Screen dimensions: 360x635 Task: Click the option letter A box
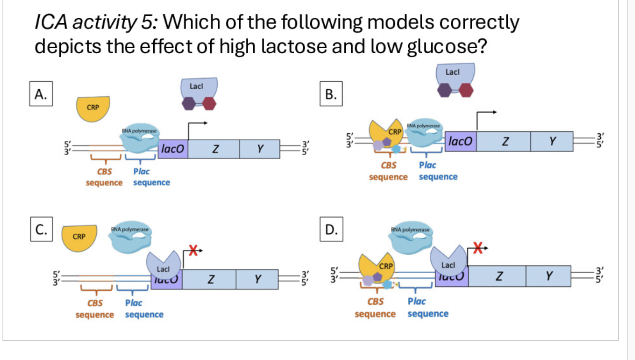[x=41, y=94]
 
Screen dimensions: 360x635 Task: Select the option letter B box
[x=331, y=94]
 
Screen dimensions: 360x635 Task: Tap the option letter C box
[x=41, y=229]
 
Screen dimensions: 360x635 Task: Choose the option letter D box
[x=331, y=229]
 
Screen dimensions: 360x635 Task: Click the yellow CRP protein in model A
[x=93, y=108]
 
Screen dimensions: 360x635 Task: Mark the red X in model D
[x=478, y=248]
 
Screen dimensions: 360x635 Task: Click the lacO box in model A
[x=173, y=149]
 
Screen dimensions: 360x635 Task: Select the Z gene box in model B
[x=503, y=142]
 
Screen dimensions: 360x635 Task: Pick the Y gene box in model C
[x=257, y=279]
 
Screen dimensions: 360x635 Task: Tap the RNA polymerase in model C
[x=130, y=237]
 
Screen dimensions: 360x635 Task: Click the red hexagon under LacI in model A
[x=209, y=103]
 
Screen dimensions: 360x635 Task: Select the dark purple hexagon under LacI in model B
[x=445, y=90]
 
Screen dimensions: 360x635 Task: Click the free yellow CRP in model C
[x=79, y=237]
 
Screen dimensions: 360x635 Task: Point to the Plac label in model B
[x=428, y=165]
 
